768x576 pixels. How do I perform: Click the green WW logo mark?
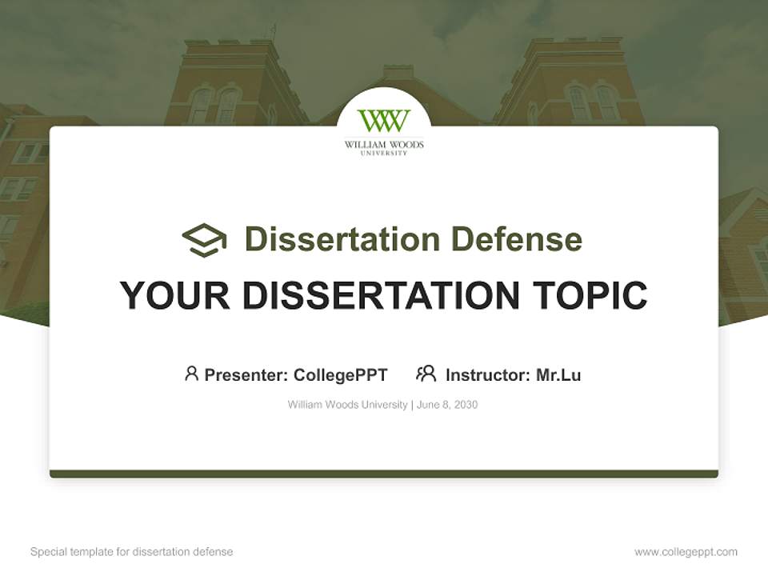click(x=384, y=122)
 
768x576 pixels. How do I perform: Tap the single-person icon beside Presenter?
click(x=191, y=373)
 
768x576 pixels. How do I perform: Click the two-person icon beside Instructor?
click(x=426, y=373)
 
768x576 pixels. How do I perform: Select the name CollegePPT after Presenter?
click(x=340, y=374)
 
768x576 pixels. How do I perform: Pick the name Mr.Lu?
click(x=558, y=374)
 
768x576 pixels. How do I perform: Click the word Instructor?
click(x=486, y=374)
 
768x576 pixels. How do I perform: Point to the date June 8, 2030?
click(x=447, y=405)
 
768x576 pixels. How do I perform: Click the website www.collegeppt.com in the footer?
click(x=686, y=552)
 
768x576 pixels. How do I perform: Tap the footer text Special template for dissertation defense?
click(x=131, y=552)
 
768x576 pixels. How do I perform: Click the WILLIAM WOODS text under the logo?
click(x=384, y=145)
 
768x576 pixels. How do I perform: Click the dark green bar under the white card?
click(x=384, y=474)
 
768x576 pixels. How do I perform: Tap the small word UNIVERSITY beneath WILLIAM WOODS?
click(x=384, y=153)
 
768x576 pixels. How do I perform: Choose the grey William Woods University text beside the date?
click(x=347, y=405)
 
